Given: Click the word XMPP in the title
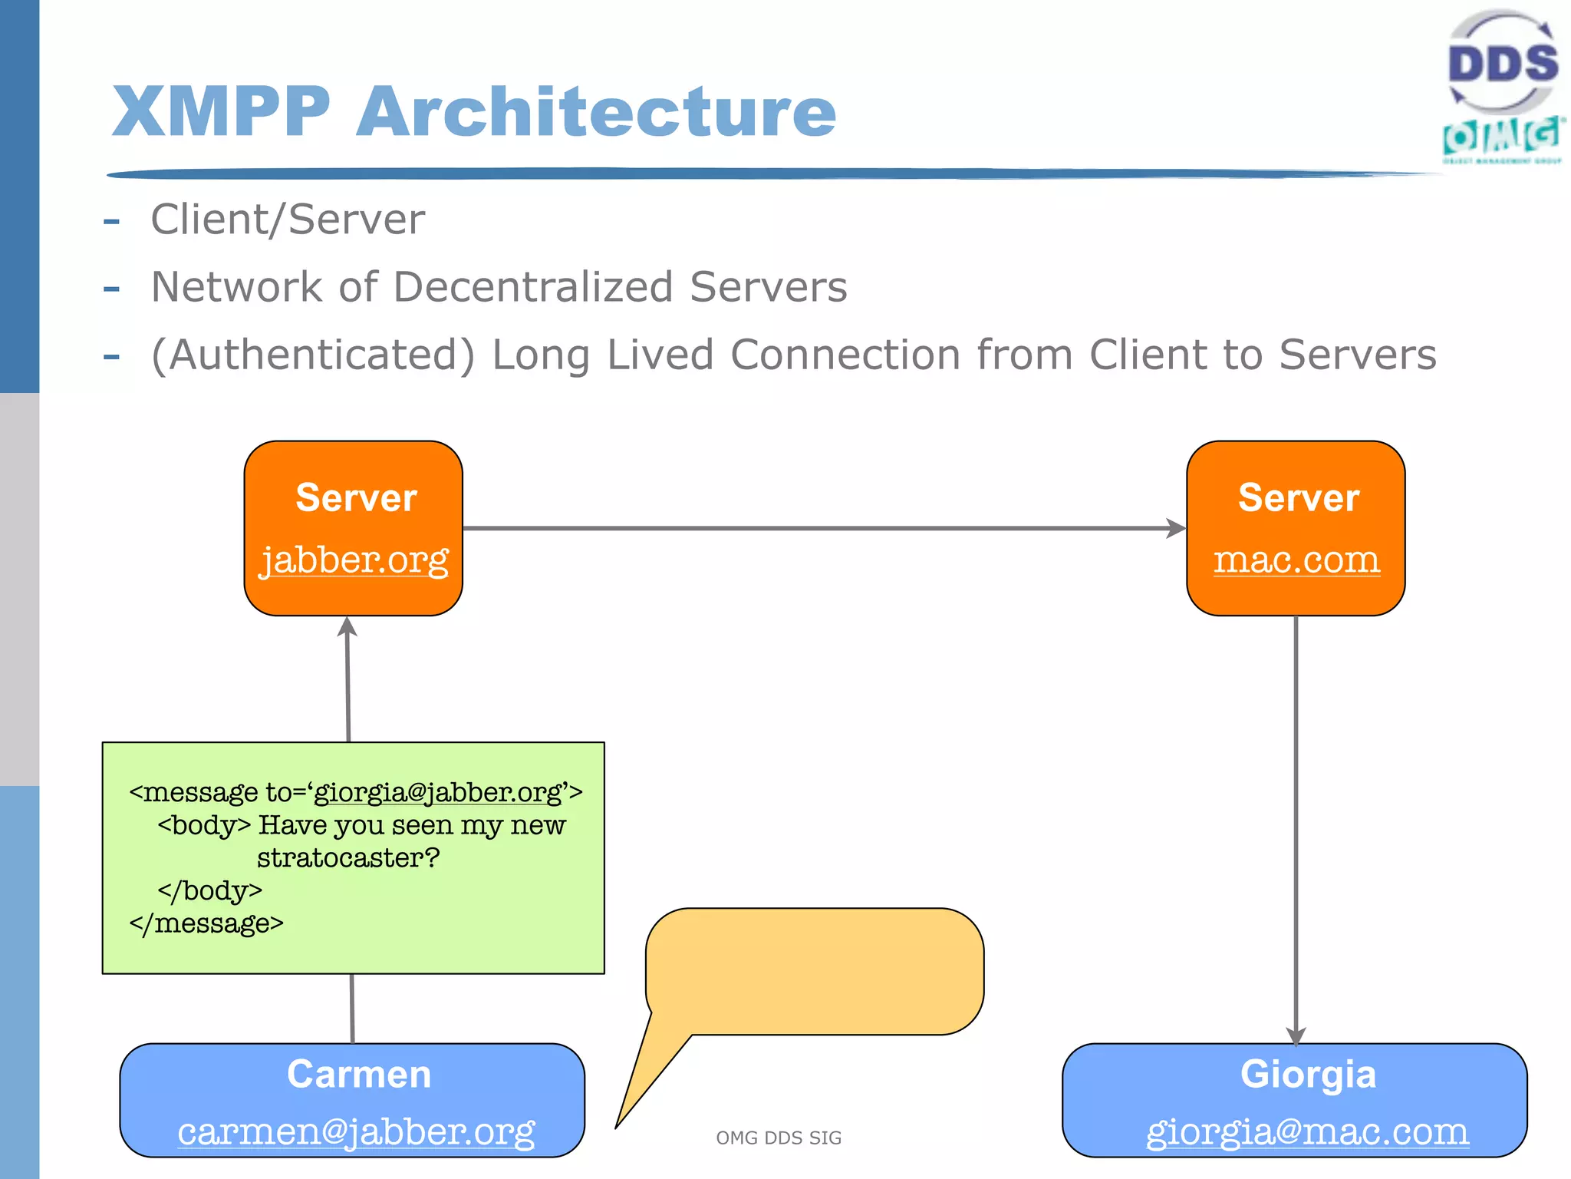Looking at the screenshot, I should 221,112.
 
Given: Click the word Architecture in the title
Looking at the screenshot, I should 596,112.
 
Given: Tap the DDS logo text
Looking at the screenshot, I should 1502,63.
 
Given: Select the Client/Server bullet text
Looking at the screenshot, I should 288,220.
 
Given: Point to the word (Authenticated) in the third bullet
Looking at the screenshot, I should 313,355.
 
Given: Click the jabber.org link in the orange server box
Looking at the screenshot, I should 354,560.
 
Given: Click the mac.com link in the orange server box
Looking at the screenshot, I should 1296,560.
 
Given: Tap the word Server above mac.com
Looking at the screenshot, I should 1298,497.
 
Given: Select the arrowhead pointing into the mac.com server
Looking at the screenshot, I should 1175,528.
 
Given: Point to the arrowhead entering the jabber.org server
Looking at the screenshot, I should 347,626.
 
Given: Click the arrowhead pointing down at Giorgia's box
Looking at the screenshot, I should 1296,1035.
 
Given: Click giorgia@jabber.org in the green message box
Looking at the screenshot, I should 438,791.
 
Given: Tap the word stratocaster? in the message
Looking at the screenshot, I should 348,857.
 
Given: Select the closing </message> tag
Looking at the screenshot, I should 206,923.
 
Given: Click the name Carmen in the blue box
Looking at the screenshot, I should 358,1074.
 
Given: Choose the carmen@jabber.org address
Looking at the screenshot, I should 356,1131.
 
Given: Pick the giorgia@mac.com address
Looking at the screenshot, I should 1307,1131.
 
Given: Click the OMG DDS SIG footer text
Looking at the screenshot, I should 779,1138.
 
